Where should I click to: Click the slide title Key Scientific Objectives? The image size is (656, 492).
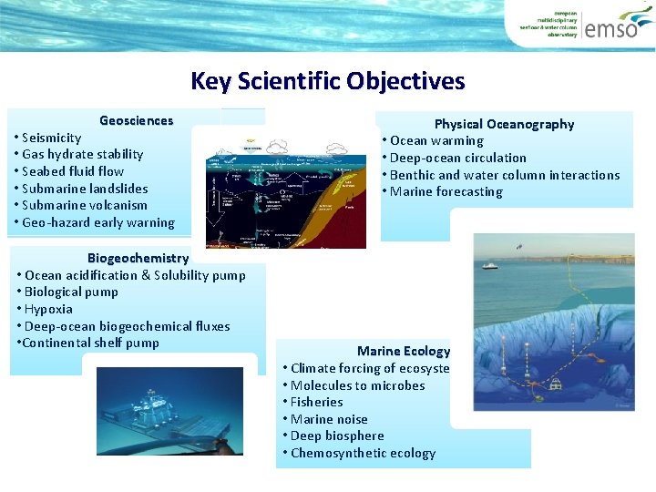(327, 81)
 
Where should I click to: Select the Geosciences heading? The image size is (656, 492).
(136, 120)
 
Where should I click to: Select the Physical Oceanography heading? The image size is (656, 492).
(504, 124)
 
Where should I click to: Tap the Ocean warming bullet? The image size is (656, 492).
(436, 140)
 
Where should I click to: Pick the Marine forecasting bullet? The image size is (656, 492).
(446, 191)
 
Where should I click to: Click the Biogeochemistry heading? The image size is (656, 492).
(138, 258)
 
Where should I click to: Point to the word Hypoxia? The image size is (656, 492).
(49, 309)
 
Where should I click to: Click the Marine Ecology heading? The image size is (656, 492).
(404, 351)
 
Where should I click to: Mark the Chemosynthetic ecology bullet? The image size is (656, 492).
(363, 453)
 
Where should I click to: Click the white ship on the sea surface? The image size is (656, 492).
(489, 265)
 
